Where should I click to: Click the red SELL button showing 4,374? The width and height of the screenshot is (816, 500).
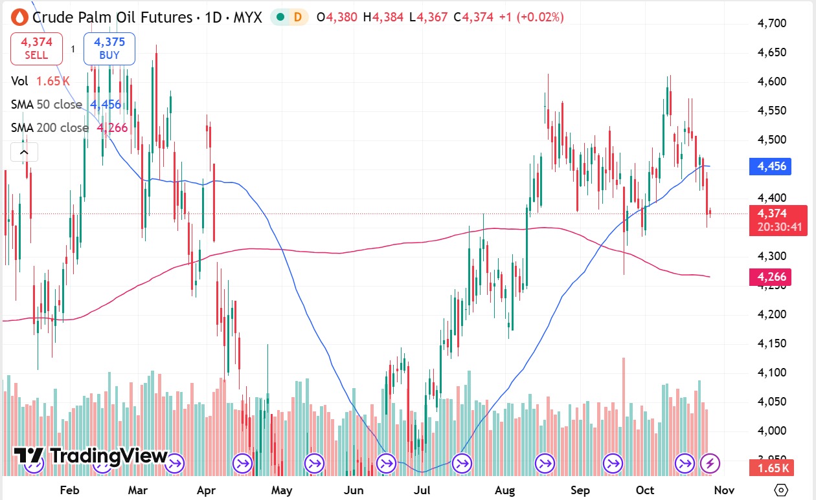(36, 49)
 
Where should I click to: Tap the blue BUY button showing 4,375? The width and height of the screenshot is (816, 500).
(109, 49)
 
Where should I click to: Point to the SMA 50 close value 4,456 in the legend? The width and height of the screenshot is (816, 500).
(106, 104)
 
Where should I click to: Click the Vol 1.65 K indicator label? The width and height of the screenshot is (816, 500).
(40, 81)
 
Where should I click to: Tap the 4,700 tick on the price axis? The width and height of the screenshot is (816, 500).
(772, 23)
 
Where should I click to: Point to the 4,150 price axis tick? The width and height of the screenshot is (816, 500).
(772, 343)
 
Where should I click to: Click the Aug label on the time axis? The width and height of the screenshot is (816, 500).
(505, 490)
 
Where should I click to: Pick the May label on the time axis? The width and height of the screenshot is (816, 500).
(282, 490)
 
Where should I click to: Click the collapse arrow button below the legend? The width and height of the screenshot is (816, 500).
(24, 152)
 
